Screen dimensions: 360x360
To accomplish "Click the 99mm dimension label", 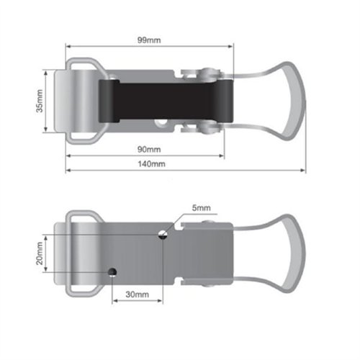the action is coord(149,40).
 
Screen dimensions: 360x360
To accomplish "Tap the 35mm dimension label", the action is coord(40,101).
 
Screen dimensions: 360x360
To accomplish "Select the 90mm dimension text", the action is coord(149,149).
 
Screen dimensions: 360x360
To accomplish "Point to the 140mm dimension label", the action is coord(151,164).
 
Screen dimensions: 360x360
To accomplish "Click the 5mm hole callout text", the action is coord(202,208).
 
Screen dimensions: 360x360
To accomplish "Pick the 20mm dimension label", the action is coord(40,253).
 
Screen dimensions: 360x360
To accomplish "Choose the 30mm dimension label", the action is coord(138,294).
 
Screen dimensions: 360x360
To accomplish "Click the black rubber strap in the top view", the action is coord(166,101).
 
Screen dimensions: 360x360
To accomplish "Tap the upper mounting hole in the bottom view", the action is coord(163,234).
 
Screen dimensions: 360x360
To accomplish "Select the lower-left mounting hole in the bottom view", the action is coord(112,272).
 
